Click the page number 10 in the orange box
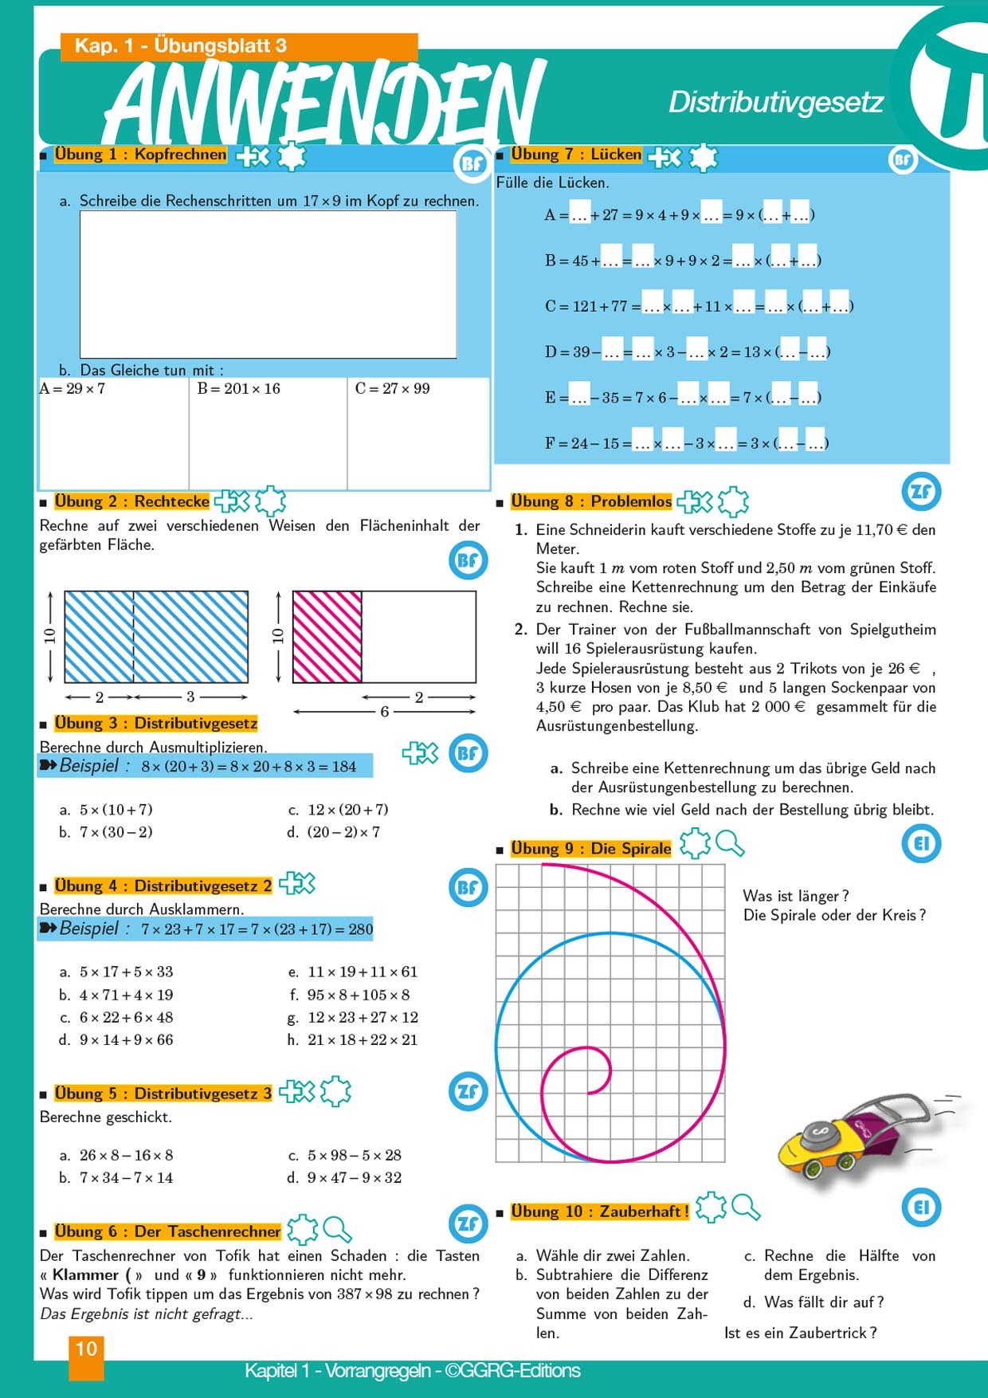(x=86, y=1349)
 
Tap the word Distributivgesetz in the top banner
(x=774, y=102)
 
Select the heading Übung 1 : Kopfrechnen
(x=140, y=155)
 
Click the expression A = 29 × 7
(x=73, y=389)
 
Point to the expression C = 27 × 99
(x=392, y=389)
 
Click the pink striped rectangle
(x=327, y=637)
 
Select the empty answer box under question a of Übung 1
(x=268, y=284)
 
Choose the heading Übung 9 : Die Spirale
(x=590, y=849)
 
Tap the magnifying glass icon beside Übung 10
(x=746, y=1208)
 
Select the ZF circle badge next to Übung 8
(x=921, y=492)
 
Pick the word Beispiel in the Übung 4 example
(x=88, y=929)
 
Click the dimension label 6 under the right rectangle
(x=384, y=712)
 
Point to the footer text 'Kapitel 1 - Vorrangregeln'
(x=339, y=1371)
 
